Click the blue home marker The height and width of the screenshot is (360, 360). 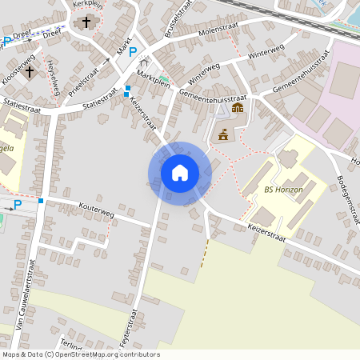pyautogui.click(x=180, y=172)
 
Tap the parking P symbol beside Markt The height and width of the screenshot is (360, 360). pyautogui.click(x=133, y=52)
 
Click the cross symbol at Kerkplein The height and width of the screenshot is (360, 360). pyautogui.click(x=85, y=22)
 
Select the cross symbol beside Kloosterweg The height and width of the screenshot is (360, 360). pyautogui.click(x=30, y=71)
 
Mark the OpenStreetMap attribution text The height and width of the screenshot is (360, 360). pyautogui.click(x=80, y=354)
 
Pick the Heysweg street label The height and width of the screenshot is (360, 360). pyautogui.click(x=54, y=81)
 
